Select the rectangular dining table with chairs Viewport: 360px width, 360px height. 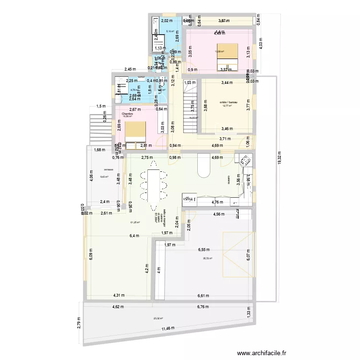(x=154, y=187)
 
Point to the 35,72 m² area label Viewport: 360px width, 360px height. (x=208, y=259)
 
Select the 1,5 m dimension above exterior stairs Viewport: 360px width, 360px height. (x=100, y=107)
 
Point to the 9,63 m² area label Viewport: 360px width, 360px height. (x=104, y=177)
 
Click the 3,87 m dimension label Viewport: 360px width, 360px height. (x=224, y=21)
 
